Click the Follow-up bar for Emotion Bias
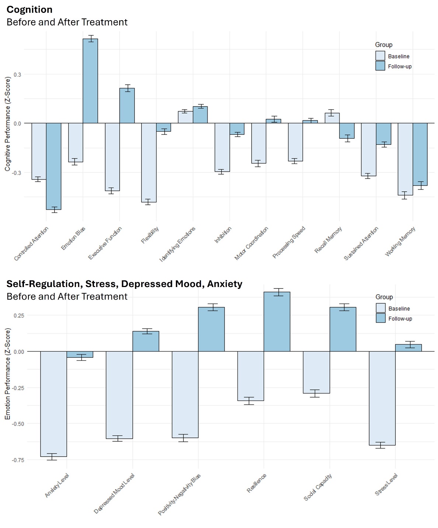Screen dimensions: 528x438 pyautogui.click(x=90, y=81)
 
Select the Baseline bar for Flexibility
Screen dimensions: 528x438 pyautogui.click(x=149, y=162)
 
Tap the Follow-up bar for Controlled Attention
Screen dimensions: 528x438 pyautogui.click(x=53, y=166)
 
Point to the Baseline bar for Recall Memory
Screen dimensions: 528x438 pyautogui.click(x=332, y=118)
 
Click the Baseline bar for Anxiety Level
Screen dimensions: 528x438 pyautogui.click(x=53, y=404)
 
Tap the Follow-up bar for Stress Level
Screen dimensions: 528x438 pyautogui.click(x=408, y=348)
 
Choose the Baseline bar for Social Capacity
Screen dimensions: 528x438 pyautogui.click(x=316, y=372)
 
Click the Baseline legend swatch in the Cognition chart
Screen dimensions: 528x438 pyautogui.click(x=380, y=56)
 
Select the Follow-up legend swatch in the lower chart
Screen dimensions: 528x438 pyautogui.click(x=380, y=318)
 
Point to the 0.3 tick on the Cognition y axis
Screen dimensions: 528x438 pyautogui.click(x=17, y=74)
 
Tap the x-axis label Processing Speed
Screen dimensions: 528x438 pyautogui.click(x=289, y=242)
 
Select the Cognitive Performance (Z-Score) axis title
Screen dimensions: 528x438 pyautogui.click(x=8, y=124)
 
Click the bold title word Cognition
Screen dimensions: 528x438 pyautogui.click(x=29, y=10)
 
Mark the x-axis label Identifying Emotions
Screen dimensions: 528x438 pyautogui.click(x=178, y=244)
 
